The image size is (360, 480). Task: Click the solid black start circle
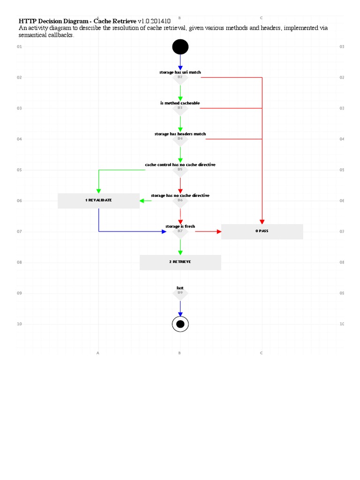click(x=180, y=47)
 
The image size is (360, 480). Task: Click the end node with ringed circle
click(x=180, y=324)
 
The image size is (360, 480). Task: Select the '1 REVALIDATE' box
click(x=98, y=201)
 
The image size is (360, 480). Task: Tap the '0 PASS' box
click(x=262, y=232)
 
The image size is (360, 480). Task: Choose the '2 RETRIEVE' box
click(x=180, y=262)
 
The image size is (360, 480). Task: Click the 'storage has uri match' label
click(x=180, y=73)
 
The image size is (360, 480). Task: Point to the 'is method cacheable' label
click(x=180, y=103)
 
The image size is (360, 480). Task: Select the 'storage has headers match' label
click(x=180, y=134)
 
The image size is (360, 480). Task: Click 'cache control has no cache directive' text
click(x=180, y=165)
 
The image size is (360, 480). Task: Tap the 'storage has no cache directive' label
click(x=180, y=195)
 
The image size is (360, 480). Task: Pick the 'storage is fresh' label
click(x=180, y=226)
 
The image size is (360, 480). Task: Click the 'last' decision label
click(x=180, y=288)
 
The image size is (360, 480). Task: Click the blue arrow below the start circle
click(x=180, y=62)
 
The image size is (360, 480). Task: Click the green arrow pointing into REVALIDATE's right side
click(x=145, y=201)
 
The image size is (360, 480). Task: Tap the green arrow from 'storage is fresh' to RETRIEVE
click(x=180, y=247)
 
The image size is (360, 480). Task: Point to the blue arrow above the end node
click(x=180, y=308)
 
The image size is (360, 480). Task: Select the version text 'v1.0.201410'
click(x=154, y=22)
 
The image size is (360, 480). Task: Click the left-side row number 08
click(x=19, y=262)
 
